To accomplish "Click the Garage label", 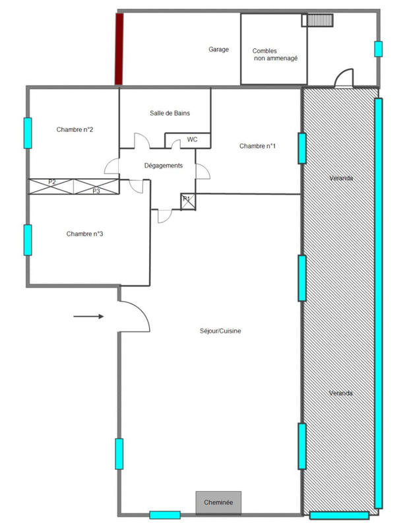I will tap(218, 49).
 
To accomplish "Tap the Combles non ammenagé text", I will tap(274, 55).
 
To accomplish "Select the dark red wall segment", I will tap(119, 49).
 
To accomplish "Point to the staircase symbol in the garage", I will tap(313, 20).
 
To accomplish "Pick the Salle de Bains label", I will tap(170, 114).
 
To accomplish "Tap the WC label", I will tap(192, 139).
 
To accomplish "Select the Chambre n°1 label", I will tap(257, 146).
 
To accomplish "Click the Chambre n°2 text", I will tap(75, 129).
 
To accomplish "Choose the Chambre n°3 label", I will tap(84, 234).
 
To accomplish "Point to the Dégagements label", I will tap(163, 166).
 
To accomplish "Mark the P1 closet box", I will tap(187, 201).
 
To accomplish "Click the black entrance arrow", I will tap(88, 317).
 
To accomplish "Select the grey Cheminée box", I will tap(218, 502).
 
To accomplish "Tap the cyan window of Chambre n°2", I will tap(28, 133).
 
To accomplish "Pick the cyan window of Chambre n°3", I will tap(28, 240).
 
